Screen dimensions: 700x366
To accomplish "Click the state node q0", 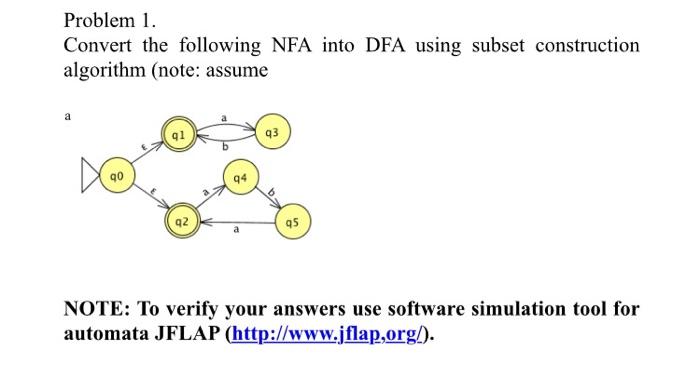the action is (116, 181).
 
